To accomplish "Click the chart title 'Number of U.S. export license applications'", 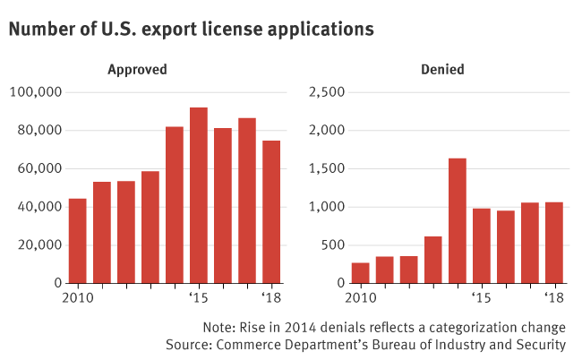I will pyautogui.click(x=191, y=29).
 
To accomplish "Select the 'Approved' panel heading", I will pyautogui.click(x=137, y=69).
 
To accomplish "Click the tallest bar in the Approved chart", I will pyautogui.click(x=199, y=195).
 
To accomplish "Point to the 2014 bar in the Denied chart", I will pyautogui.click(x=457, y=220).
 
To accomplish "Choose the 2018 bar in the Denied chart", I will pyautogui.click(x=553, y=242).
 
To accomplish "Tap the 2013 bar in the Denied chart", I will pyautogui.click(x=432, y=259).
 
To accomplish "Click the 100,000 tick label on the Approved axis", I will pyautogui.click(x=35, y=92).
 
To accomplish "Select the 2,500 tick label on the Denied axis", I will pyautogui.click(x=325, y=92).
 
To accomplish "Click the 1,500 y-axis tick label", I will pyautogui.click(x=325, y=168).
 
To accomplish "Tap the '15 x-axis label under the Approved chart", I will pyautogui.click(x=198, y=297).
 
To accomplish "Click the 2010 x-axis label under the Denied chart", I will pyautogui.click(x=361, y=297).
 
